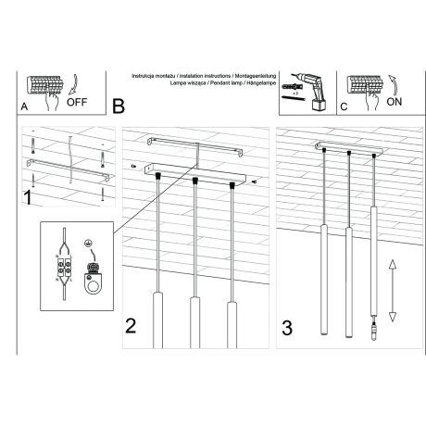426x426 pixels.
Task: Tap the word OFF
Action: [x=78, y=103]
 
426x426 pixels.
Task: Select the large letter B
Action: [x=118, y=106]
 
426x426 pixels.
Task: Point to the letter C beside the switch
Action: [x=343, y=106]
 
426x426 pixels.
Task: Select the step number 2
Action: [x=132, y=324]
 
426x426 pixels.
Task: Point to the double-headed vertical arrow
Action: [x=392, y=290]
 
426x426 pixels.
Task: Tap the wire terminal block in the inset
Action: [x=64, y=269]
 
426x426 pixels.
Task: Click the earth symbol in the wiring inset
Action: [x=89, y=244]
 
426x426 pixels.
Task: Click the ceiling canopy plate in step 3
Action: [x=347, y=150]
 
